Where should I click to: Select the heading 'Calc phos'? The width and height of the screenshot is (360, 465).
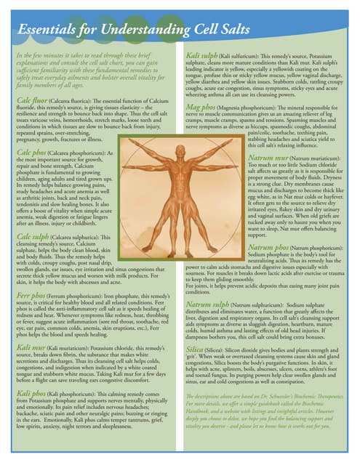point(30,153)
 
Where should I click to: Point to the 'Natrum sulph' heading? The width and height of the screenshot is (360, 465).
point(209,304)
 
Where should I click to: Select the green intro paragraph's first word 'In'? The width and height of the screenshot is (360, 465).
point(19,54)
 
